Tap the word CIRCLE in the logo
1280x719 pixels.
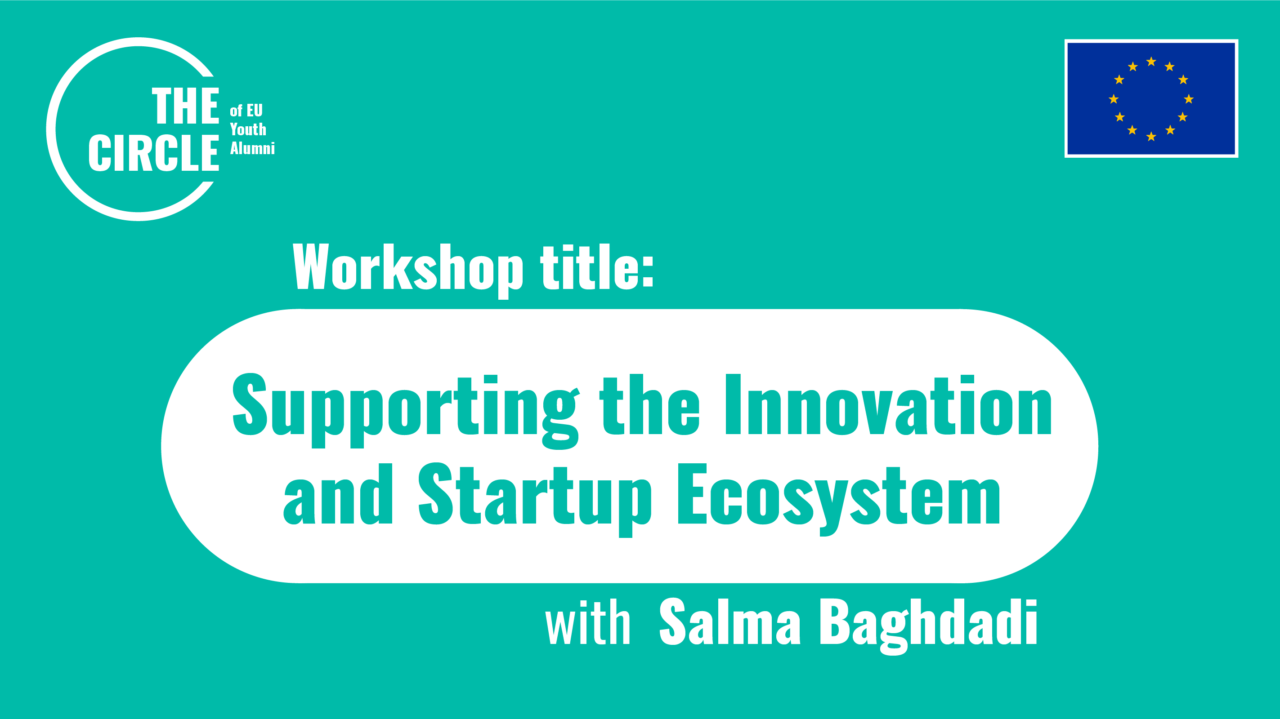[153, 153]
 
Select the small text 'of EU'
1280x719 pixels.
[246, 110]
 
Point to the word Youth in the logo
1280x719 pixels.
[248, 129]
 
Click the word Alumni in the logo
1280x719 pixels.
[252, 148]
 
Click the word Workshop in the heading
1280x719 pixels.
[407, 268]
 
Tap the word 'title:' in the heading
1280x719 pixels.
[597, 268]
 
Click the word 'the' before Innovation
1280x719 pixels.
[649, 405]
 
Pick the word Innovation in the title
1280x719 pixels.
[888, 405]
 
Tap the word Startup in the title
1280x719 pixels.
[534, 497]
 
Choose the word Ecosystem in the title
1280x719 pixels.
[839, 497]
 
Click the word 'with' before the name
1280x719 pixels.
[588, 623]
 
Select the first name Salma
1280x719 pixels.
[730, 623]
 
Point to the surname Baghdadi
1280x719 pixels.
[928, 623]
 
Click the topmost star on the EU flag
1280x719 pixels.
[1151, 62]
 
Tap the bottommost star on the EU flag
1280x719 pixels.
[1151, 137]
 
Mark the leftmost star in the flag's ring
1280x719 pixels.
[1114, 99]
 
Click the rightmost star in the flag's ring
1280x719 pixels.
[1189, 99]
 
